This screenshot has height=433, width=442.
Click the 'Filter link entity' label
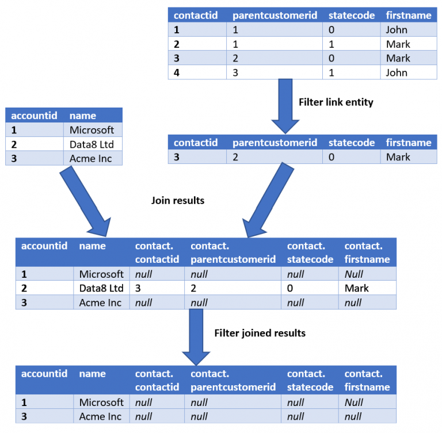(336, 102)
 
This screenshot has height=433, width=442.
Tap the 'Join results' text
(178, 201)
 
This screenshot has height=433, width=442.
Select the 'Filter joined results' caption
(260, 333)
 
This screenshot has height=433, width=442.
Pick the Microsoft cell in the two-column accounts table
(92, 130)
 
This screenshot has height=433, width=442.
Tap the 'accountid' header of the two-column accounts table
(35, 116)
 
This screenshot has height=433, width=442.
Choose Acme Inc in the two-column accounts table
(91, 159)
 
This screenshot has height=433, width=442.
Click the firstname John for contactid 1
(397, 30)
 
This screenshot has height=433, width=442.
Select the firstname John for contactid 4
(397, 72)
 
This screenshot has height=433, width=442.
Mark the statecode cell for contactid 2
(332, 44)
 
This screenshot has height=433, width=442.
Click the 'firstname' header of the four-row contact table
(408, 16)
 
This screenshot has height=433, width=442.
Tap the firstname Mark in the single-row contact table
(398, 157)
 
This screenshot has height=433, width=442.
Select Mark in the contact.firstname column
(357, 288)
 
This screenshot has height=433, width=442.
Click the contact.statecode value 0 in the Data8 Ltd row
(290, 288)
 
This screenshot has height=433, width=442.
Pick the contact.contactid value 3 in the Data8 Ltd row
(138, 288)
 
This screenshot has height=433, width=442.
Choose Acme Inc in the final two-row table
(100, 416)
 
